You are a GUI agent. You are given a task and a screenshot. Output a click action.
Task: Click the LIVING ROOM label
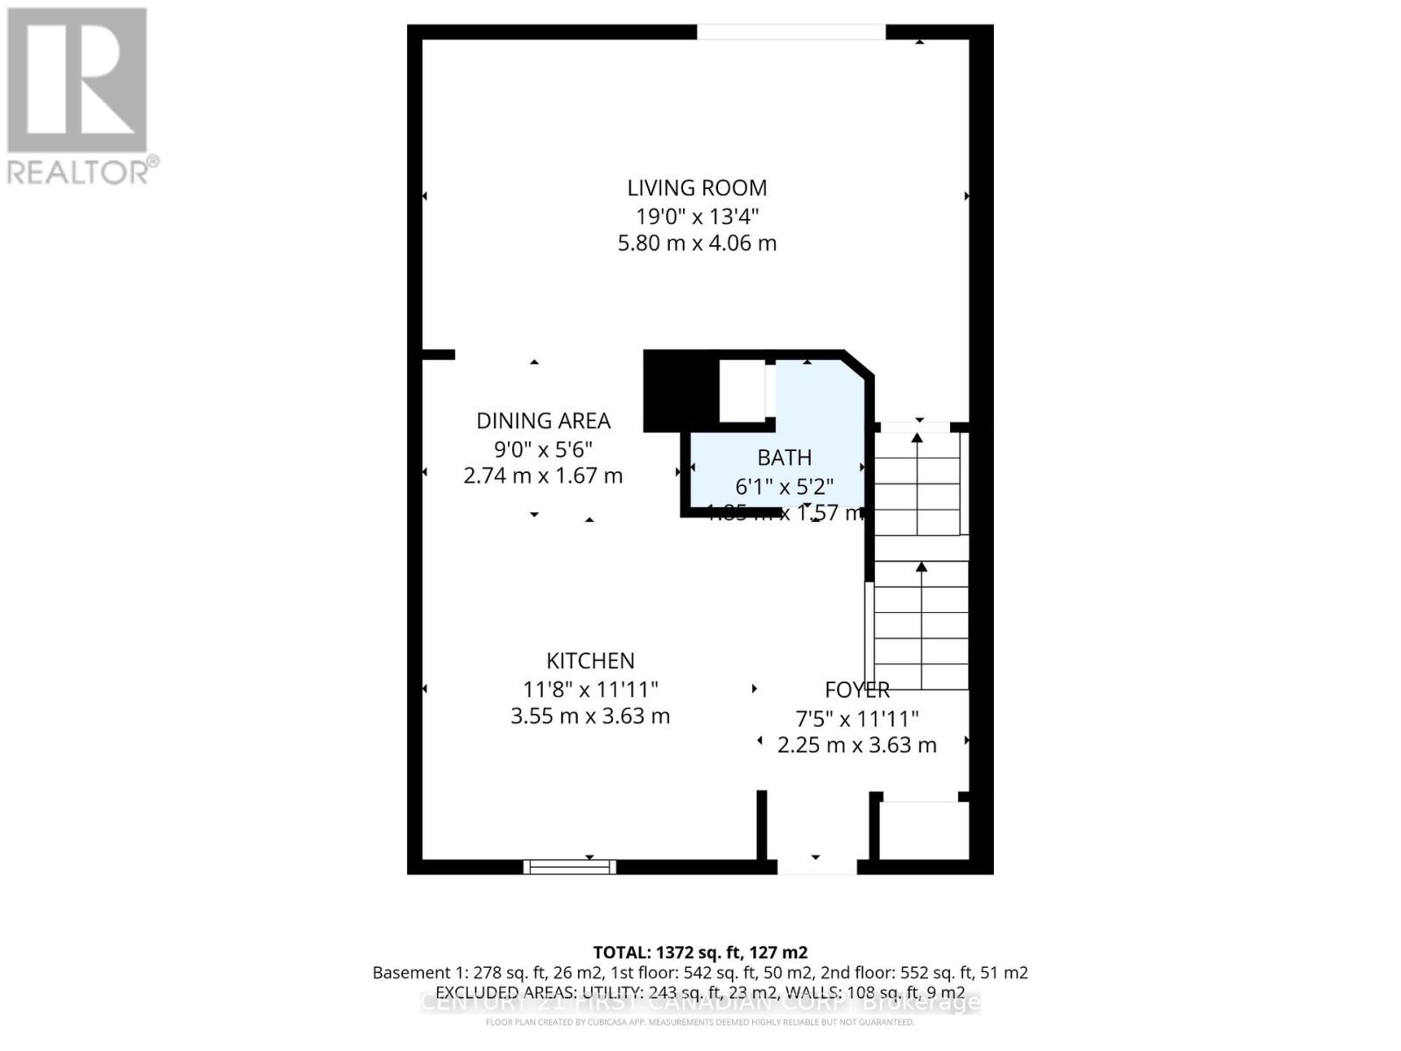(x=697, y=187)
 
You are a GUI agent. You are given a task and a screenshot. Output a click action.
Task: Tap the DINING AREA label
(x=543, y=420)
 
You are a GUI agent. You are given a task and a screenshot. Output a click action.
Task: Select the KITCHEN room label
(x=590, y=660)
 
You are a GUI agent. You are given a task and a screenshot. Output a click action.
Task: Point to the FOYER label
(x=857, y=690)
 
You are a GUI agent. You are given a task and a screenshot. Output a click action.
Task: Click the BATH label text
(x=785, y=457)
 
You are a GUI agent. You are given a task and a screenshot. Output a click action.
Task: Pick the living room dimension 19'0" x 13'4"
(x=697, y=215)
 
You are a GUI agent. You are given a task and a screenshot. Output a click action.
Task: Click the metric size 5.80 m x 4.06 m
(x=697, y=243)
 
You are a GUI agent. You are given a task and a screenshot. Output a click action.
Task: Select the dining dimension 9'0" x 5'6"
(x=543, y=448)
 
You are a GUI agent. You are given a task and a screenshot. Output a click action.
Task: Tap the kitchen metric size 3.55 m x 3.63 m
(x=590, y=716)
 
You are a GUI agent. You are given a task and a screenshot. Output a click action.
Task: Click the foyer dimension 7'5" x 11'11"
(x=857, y=718)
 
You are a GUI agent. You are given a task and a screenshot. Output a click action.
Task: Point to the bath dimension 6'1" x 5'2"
(x=785, y=485)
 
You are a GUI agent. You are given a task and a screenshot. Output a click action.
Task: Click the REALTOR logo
(x=79, y=96)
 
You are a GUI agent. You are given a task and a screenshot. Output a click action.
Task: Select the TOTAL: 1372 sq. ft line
(x=700, y=952)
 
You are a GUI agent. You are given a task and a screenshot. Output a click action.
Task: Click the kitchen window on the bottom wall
(x=569, y=867)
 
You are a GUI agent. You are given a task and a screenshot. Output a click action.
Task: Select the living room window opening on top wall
(x=792, y=32)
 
